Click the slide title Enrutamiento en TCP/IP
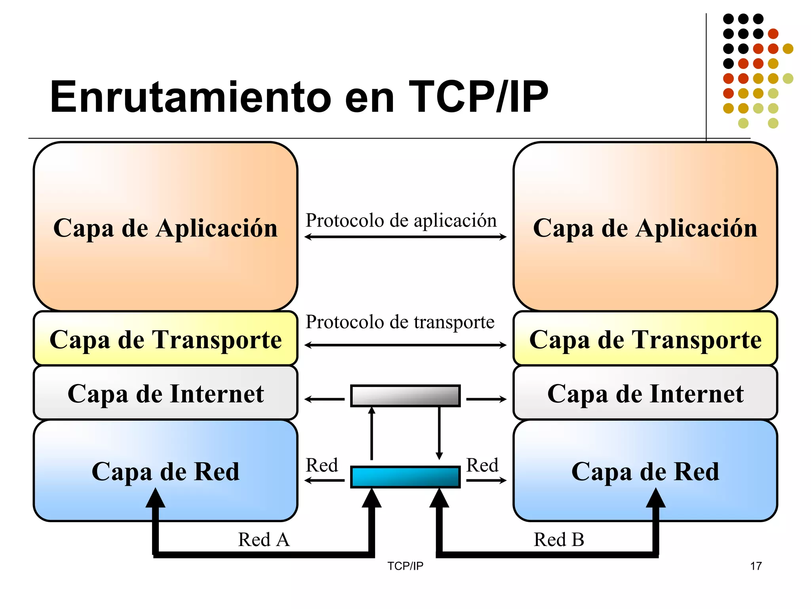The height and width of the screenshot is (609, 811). click(299, 97)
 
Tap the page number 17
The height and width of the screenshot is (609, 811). click(756, 566)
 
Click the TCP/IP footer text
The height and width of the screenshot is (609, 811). click(405, 566)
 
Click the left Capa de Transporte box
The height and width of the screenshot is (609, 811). click(166, 339)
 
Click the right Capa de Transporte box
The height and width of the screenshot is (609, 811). click(645, 339)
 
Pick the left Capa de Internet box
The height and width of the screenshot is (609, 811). click(166, 393)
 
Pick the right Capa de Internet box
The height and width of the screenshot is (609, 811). click(645, 393)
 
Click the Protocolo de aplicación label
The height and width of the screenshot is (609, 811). click(401, 220)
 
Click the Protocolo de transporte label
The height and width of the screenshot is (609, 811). click(400, 322)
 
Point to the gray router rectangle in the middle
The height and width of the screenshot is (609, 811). click(405, 396)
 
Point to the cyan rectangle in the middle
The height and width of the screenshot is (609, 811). click(405, 477)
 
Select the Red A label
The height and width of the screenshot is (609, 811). click(264, 540)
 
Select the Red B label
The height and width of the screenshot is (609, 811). click(559, 540)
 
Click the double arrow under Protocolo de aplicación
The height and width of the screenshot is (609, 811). click(405, 237)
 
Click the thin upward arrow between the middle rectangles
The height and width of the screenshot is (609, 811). click(371, 434)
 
